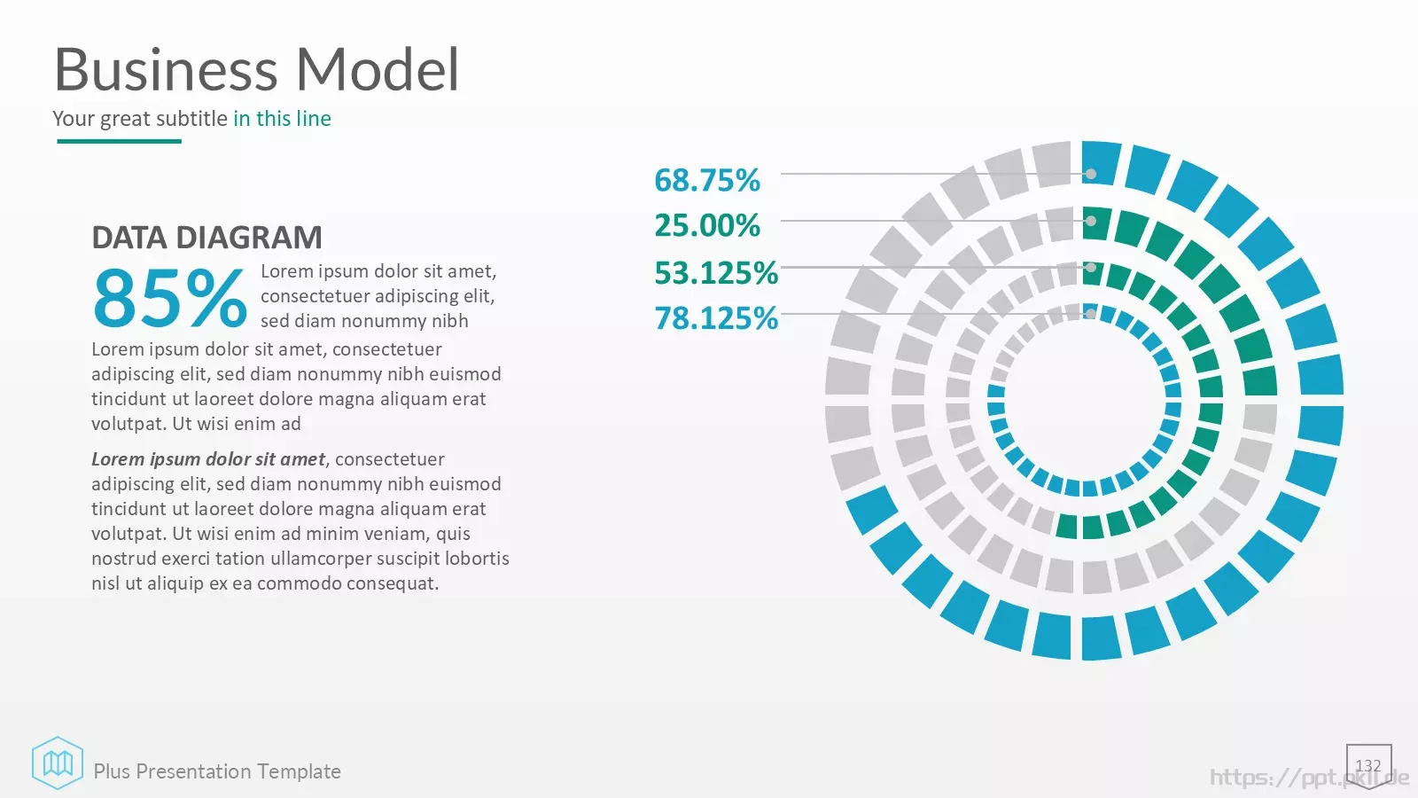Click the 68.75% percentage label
(x=707, y=180)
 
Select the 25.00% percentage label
(x=707, y=225)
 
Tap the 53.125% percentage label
(x=716, y=272)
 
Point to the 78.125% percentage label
(x=716, y=318)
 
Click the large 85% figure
(x=169, y=297)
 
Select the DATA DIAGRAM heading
(x=207, y=238)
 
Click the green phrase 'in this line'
(x=283, y=119)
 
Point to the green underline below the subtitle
(x=119, y=141)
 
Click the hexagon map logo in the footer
(x=58, y=763)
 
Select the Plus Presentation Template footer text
(x=217, y=771)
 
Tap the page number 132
(x=1368, y=766)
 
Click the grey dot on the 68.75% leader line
(x=1091, y=174)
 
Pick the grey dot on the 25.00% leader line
(x=1091, y=221)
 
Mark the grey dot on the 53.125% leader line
(x=1091, y=267)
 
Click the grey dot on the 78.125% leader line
(x=1091, y=314)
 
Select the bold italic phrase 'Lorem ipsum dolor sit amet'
(x=208, y=459)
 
